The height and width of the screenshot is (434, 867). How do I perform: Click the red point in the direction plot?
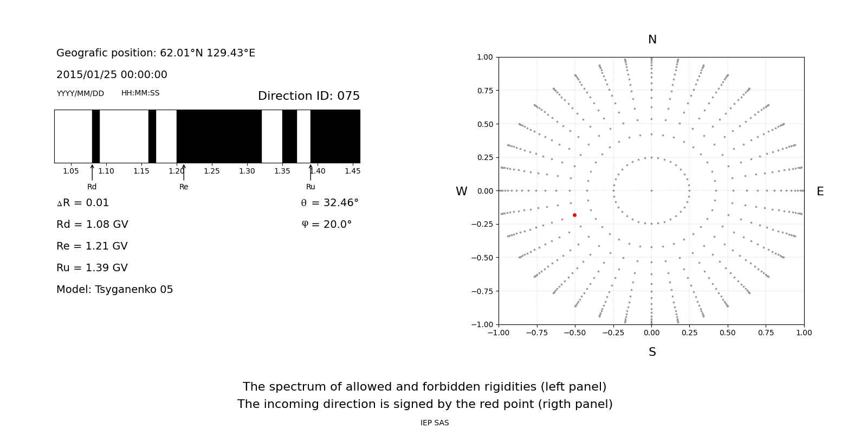(574, 215)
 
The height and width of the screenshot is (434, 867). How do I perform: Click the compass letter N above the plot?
(652, 40)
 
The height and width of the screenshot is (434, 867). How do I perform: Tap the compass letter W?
(461, 192)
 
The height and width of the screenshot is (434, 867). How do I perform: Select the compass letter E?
(820, 192)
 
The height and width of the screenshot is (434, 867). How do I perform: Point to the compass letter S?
(652, 352)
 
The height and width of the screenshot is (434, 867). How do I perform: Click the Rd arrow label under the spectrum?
(92, 187)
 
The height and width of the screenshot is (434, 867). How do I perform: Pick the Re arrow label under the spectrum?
(184, 187)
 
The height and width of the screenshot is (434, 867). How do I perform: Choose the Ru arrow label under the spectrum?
(310, 187)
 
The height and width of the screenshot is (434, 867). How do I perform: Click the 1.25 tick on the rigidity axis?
(212, 171)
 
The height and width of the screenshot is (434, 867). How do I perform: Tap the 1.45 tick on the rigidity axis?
(352, 171)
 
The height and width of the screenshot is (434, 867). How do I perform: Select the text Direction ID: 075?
(309, 96)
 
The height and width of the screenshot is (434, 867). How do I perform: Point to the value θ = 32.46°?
(329, 203)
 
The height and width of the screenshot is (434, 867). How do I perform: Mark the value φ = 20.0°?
(327, 225)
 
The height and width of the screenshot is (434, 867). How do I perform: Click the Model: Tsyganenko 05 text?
(115, 290)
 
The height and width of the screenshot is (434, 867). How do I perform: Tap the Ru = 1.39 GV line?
(92, 268)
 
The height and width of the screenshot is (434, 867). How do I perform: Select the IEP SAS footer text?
(435, 423)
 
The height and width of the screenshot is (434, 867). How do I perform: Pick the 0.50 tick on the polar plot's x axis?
(728, 333)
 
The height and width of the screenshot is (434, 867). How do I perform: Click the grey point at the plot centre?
(651, 190)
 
